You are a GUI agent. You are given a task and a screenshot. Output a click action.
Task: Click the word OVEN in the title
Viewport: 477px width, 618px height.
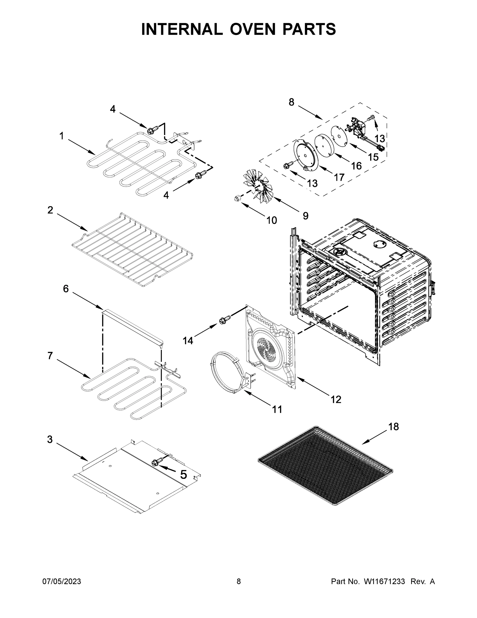252,29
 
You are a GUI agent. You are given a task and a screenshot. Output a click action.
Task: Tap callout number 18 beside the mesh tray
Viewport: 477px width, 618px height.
393,426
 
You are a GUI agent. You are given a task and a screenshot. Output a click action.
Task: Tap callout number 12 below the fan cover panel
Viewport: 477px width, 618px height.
336,400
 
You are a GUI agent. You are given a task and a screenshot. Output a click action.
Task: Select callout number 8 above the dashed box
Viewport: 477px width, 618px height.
292,102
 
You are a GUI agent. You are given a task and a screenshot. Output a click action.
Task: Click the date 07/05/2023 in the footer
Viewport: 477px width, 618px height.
62,581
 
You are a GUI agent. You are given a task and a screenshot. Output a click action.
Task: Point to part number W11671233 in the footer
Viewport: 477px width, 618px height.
384,581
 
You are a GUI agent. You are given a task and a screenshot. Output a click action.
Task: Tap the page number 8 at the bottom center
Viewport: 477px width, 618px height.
239,581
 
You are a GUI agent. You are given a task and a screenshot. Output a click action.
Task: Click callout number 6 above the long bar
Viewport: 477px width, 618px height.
66,289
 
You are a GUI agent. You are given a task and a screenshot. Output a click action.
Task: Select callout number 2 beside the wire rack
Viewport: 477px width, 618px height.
50,210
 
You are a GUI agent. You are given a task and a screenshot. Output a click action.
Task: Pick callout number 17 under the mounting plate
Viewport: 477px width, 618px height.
339,177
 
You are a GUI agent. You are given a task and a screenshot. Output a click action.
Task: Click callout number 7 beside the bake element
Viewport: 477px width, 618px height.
50,356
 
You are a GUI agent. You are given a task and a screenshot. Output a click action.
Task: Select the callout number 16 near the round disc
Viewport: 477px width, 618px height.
356,166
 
